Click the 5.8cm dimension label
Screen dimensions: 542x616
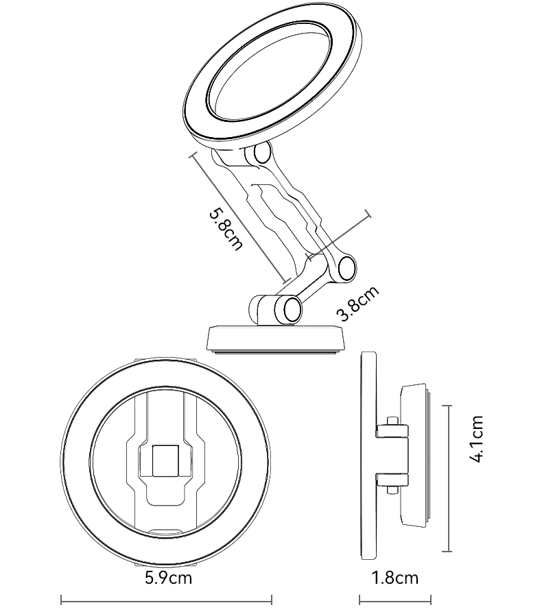[x=225, y=230]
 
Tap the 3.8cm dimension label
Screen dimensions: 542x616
[x=358, y=303]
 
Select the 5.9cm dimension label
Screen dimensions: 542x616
[x=168, y=578]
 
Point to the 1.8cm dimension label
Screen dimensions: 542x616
[x=395, y=578]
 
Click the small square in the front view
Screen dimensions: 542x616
[x=165, y=461]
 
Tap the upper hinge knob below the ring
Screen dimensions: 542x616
[x=262, y=153]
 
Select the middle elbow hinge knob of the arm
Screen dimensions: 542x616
[x=346, y=269]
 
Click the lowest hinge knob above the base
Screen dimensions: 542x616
[x=292, y=310]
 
